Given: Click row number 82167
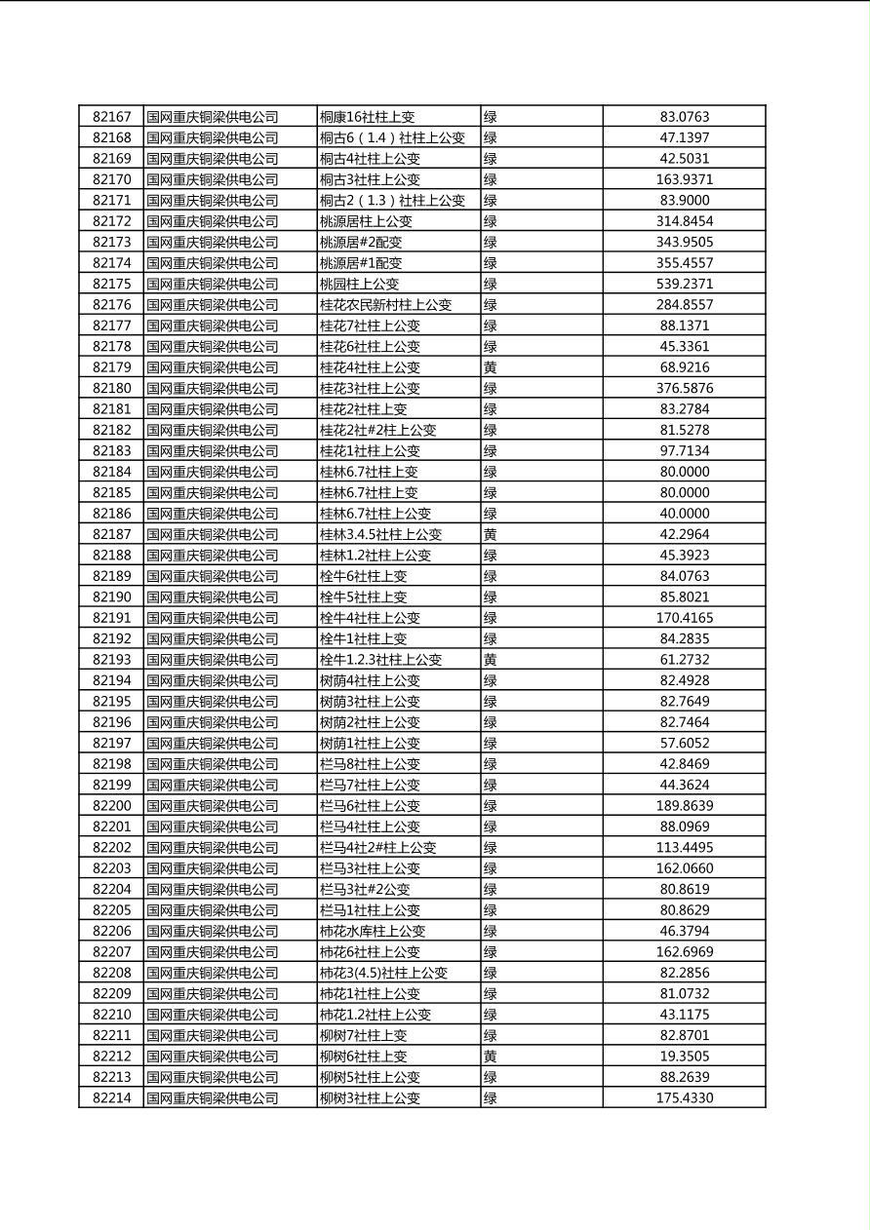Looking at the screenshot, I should point(111,117).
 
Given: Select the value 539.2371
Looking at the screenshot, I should point(684,284).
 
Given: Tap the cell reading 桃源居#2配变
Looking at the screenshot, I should point(361,242).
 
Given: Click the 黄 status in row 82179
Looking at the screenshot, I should point(491,367).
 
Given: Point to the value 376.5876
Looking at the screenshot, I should point(684,388).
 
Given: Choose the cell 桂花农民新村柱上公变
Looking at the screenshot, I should point(385,305).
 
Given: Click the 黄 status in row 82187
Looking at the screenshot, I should point(491,534).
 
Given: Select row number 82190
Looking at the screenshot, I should point(111,596).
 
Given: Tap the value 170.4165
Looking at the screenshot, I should point(684,618).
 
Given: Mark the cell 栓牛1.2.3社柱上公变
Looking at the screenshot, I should point(380,660).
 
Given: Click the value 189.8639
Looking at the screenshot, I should point(684,805).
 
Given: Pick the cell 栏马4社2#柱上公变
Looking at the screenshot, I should point(377,847).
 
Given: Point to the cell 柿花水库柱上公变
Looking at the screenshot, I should point(373,931).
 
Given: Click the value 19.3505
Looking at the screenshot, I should point(684,1056).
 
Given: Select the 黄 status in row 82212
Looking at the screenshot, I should point(491,1056).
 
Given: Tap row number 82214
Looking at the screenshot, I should point(111,1097).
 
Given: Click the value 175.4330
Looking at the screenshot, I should point(684,1097).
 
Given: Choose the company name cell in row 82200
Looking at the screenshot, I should point(213,805).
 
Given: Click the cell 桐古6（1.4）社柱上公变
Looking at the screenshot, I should point(392,138).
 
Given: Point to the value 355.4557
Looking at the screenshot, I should point(684,263).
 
